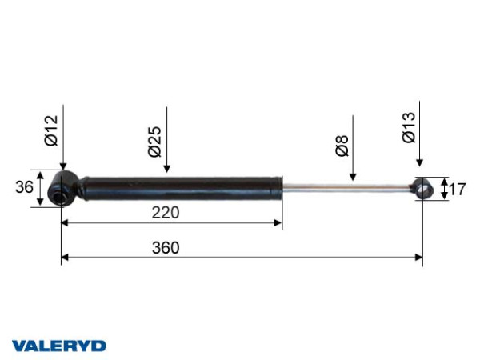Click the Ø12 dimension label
pos(51,130)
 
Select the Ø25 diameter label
pos(154,142)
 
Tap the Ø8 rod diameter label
pos(342,146)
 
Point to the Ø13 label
pos(409,127)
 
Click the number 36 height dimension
pos(24,187)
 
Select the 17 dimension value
pos(457,189)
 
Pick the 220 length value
pos(166,213)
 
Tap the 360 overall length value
pos(166,248)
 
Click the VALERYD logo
pos(58,346)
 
